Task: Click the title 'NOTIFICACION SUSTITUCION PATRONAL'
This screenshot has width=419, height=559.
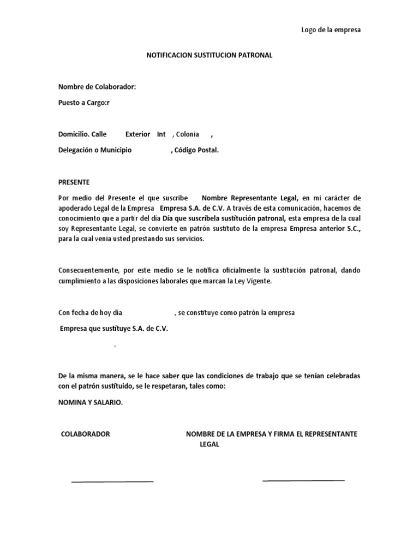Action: [210, 56]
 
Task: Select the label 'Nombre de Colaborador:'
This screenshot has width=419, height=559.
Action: [97, 87]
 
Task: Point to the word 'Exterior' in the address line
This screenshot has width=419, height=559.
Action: [137, 134]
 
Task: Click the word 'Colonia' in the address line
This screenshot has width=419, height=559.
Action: [187, 134]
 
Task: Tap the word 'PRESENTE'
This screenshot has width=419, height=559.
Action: [74, 182]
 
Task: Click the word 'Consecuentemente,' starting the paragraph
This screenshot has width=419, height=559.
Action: [88, 271]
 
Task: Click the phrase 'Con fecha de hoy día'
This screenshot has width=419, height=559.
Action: [91, 313]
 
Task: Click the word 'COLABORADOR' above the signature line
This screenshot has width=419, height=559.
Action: [86, 434]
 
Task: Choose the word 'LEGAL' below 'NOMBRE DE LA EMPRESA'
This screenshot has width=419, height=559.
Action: [209, 445]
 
